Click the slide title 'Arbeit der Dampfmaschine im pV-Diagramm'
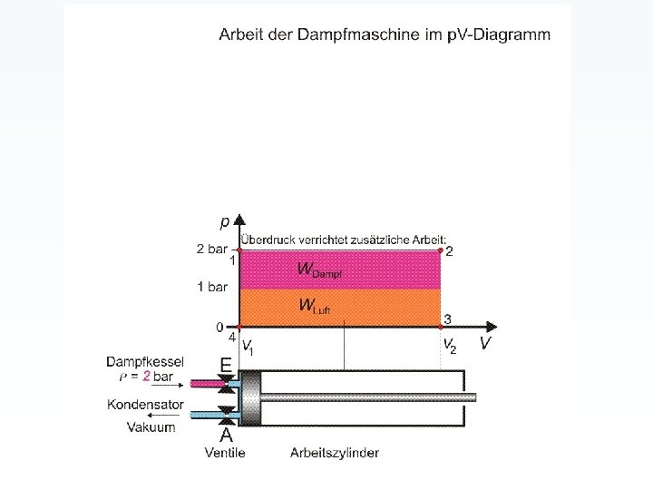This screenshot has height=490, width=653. click(384, 34)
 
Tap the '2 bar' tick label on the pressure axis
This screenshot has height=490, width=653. click(211, 249)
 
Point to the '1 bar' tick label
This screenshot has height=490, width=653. click(212, 287)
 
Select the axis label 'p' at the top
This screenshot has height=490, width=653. click(224, 220)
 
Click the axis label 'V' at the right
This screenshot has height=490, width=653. click(486, 343)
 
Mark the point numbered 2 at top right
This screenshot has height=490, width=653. click(448, 251)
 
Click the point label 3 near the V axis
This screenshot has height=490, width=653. click(447, 318)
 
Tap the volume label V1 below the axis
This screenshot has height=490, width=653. click(248, 346)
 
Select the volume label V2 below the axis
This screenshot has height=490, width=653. click(449, 345)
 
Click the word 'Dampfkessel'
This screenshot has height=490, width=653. click(145, 361)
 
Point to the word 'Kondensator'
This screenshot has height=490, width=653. click(146, 405)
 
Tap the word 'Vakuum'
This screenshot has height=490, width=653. click(151, 426)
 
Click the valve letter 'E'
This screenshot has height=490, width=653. click(224, 364)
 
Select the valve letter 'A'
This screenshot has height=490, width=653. click(226, 434)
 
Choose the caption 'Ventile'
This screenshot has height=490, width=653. click(225, 452)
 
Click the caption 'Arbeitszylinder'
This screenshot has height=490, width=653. click(335, 452)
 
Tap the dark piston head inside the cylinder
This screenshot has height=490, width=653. click(249, 397)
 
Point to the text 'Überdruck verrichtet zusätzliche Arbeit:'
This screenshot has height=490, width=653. click(337, 238)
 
